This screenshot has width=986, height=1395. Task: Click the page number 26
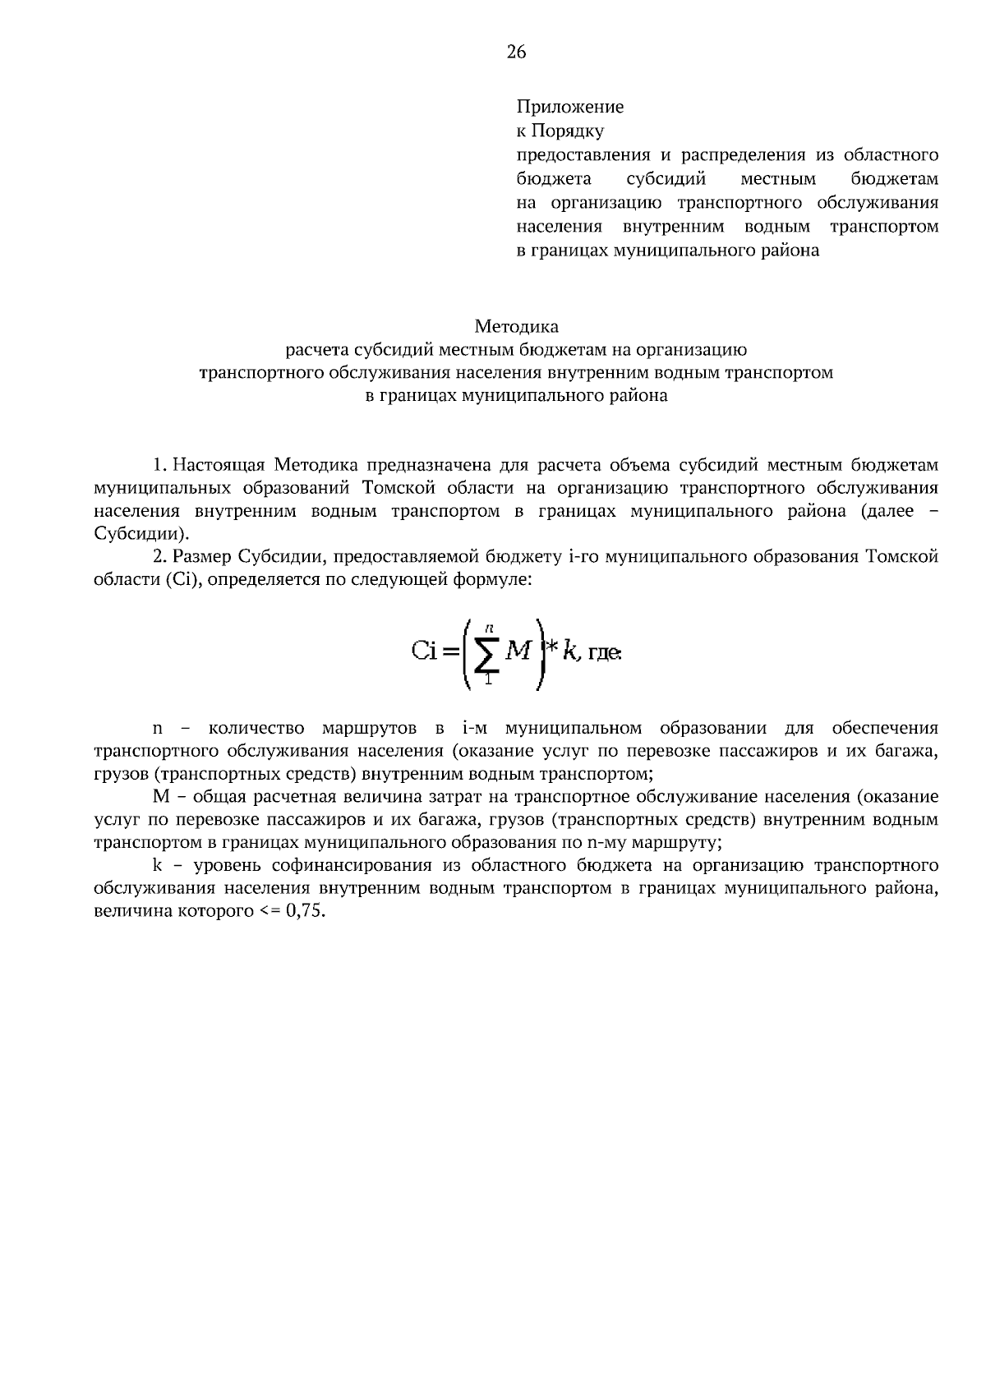click(516, 53)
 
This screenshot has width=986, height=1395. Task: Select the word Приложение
click(569, 107)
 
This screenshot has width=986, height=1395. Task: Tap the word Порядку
click(568, 131)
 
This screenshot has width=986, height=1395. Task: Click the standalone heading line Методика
click(516, 327)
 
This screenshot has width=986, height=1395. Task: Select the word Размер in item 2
click(203, 557)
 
